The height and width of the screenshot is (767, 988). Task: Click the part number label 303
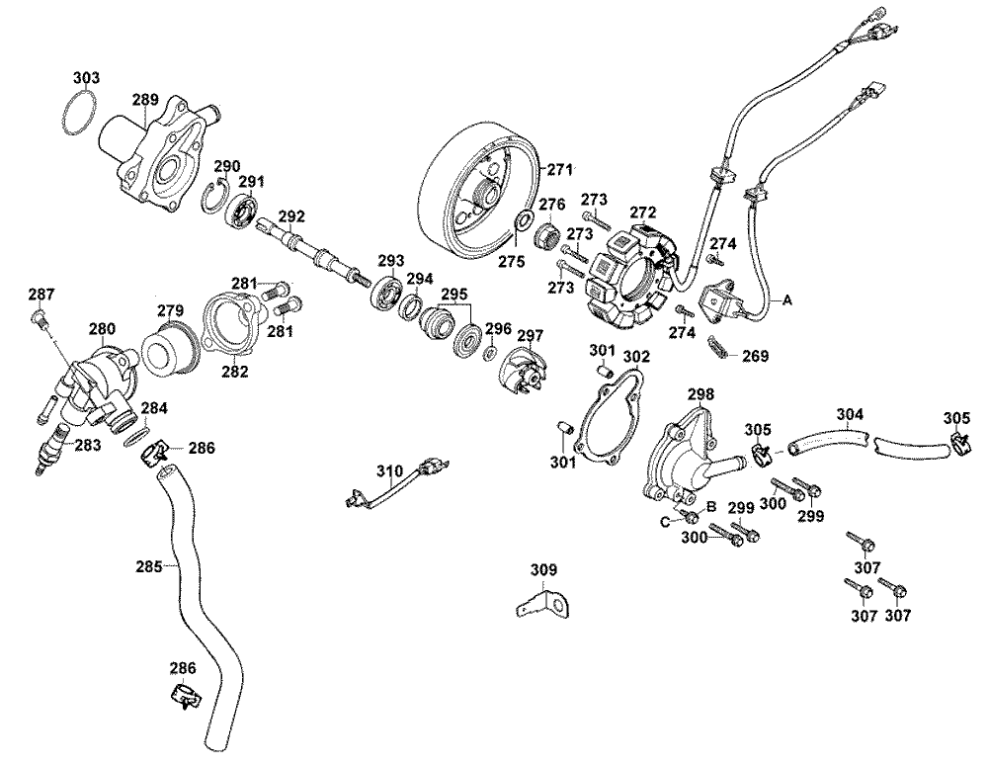click(87, 76)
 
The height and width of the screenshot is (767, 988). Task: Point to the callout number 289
click(145, 99)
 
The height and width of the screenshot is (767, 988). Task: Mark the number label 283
click(88, 445)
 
